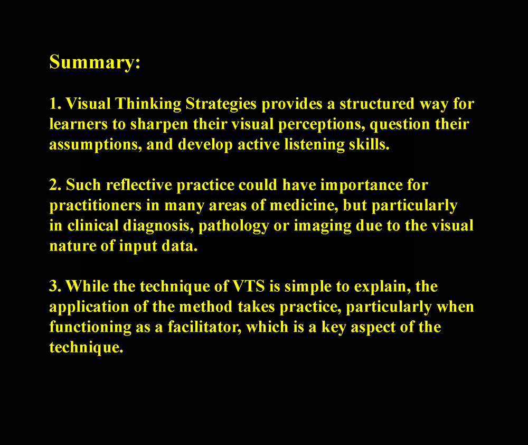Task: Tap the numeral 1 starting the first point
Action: [53, 104]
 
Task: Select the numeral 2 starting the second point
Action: [53, 185]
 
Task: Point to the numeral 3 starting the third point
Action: [53, 286]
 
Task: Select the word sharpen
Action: [159, 125]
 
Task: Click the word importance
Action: [361, 186]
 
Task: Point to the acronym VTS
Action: [249, 286]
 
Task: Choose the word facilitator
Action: [204, 327]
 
